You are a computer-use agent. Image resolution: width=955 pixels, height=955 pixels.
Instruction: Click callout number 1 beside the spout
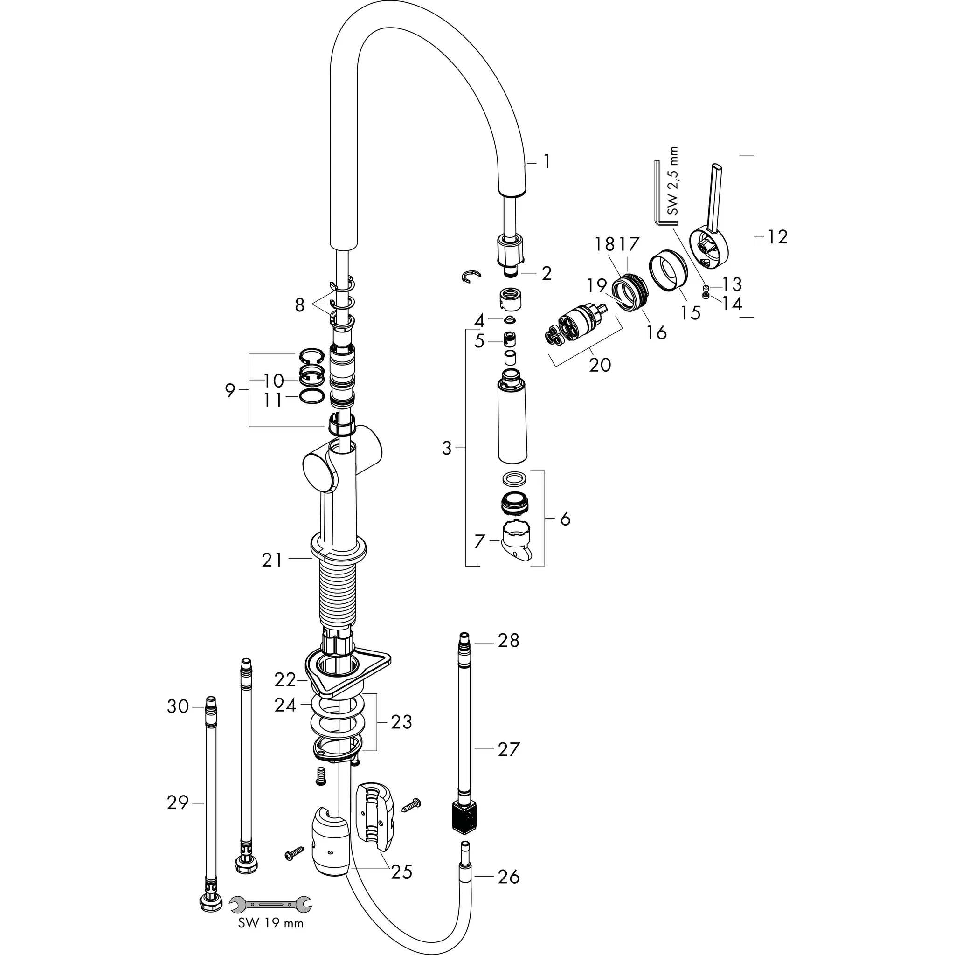(x=546, y=162)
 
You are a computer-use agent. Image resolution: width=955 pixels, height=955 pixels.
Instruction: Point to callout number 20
(x=600, y=365)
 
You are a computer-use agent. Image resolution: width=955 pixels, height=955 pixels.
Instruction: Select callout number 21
(x=272, y=560)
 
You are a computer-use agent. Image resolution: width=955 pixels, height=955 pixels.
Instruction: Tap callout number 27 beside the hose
(x=509, y=749)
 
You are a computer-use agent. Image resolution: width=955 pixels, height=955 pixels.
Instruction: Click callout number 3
(x=447, y=448)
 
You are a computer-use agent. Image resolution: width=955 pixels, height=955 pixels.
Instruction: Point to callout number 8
(x=299, y=305)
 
